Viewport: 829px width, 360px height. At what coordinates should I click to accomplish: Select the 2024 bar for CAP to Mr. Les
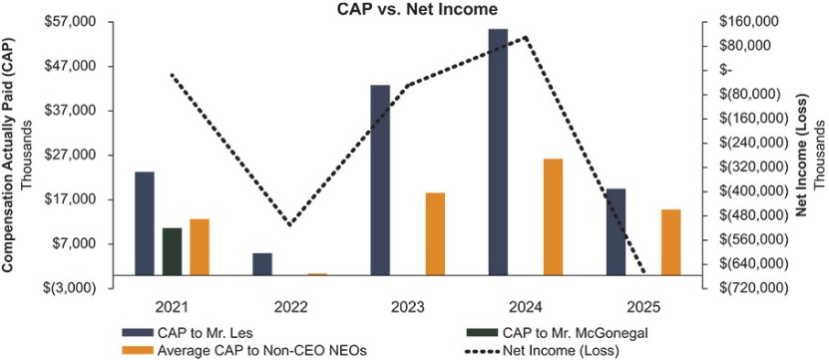click(x=498, y=152)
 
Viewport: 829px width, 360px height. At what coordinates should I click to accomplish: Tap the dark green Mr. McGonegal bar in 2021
click(x=172, y=251)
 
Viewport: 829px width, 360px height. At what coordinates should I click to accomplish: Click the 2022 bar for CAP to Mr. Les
click(x=262, y=264)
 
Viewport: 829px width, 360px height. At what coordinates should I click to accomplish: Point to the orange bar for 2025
click(x=671, y=242)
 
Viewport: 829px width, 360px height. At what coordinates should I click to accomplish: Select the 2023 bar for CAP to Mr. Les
click(x=380, y=180)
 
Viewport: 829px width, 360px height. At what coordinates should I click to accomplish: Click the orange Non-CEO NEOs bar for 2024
click(x=553, y=216)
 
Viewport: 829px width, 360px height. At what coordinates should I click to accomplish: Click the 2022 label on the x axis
click(x=288, y=307)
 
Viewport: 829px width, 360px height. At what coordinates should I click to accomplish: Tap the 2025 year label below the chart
click(x=643, y=307)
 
